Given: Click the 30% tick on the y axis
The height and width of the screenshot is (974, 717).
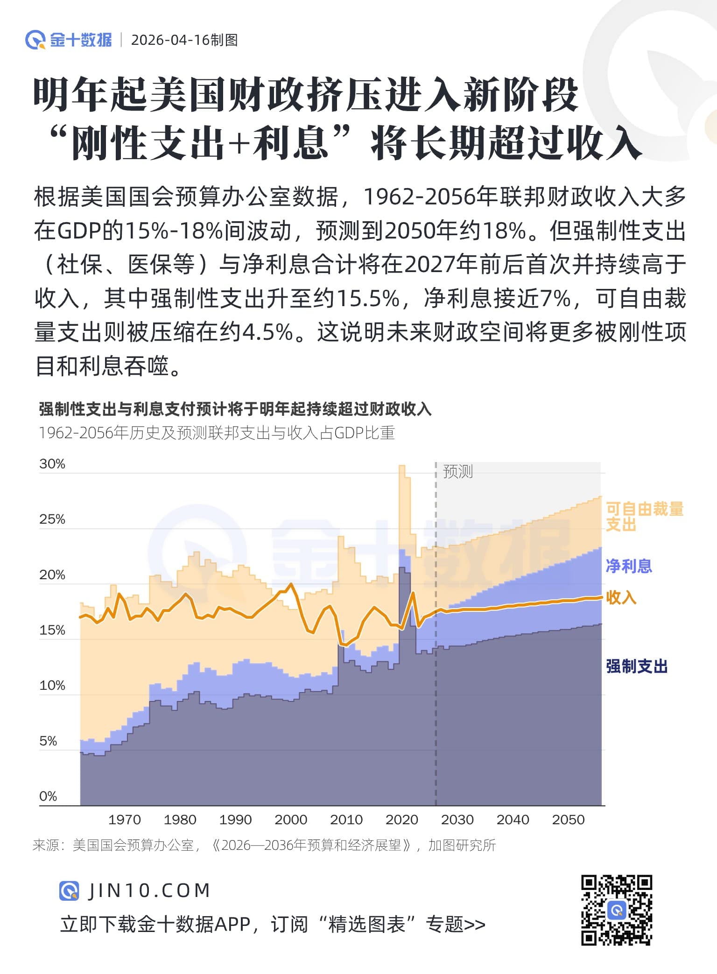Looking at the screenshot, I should tap(52, 464).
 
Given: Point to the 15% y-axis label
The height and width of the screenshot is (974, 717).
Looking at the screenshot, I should tap(52, 630).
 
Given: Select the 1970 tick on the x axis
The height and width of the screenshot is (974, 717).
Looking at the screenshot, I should tap(124, 820).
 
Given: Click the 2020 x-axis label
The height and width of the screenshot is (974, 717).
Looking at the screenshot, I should tap(401, 820).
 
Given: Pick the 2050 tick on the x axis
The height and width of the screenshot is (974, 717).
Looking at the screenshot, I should tap(568, 820).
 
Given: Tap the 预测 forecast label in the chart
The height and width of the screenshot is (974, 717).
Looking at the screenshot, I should tap(457, 471).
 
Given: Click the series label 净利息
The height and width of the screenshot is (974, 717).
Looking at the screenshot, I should tap(628, 566).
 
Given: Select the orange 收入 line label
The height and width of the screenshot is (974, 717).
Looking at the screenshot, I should tap(621, 597).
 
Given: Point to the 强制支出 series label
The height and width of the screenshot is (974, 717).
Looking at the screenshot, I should tap(637, 666).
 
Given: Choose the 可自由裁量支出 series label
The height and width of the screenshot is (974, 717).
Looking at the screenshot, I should tap(644, 516).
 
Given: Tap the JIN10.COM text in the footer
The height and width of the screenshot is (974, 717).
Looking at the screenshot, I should tap(149, 890).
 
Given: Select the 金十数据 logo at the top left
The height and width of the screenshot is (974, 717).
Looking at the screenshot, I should tap(69, 40).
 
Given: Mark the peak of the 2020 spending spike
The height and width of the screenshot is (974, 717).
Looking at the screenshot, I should tap(401, 466).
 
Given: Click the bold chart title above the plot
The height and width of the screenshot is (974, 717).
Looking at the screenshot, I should tap(235, 409).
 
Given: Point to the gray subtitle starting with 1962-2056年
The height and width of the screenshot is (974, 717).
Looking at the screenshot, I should tap(217, 433).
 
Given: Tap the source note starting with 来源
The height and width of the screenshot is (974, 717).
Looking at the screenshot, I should tap(264, 845).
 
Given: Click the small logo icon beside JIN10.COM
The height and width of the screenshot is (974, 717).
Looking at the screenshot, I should tap(69, 890).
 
